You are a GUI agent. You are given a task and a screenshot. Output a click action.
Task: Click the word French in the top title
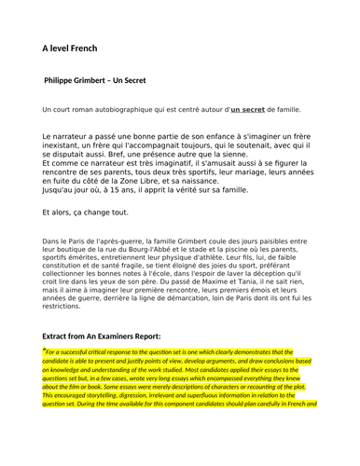click(82, 48)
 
